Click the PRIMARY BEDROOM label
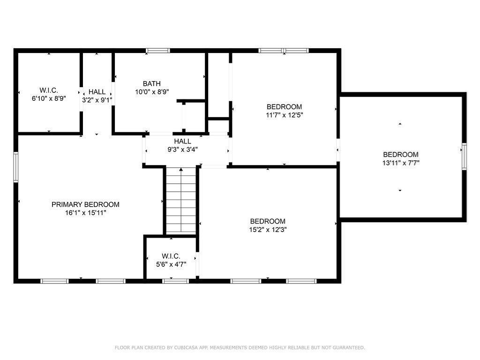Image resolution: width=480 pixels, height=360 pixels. coord(85,204)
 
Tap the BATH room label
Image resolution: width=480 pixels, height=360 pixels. coord(152,83)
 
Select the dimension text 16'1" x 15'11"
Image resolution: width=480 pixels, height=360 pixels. coord(85,213)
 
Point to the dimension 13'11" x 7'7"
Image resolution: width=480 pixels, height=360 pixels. coord(401,163)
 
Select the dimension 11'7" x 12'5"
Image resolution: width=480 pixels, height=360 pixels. coord(285,115)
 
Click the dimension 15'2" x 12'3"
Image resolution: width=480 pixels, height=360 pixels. coord(268,230)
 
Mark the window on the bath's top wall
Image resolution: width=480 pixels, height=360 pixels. coord(157,51)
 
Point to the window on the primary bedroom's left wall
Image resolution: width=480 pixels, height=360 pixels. coord(16,167)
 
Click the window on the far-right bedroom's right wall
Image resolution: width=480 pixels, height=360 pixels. coord(464,157)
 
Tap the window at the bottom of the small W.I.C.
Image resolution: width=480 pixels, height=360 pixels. coord(175,281)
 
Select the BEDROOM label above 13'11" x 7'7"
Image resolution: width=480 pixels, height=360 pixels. coord(401,155)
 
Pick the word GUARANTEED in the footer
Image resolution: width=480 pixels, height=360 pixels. coord(349,347)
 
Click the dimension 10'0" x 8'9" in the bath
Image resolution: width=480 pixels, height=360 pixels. coord(152,92)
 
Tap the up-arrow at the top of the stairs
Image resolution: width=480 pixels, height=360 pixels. coord(181,169)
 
